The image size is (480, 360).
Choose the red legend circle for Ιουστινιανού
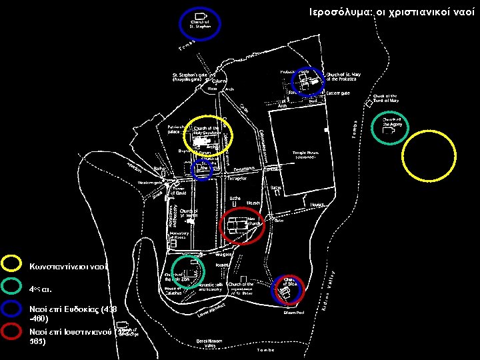click(11, 331)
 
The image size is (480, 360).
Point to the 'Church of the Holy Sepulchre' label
click(206, 130)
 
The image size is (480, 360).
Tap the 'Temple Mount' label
click(307, 154)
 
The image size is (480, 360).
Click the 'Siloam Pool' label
click(294, 312)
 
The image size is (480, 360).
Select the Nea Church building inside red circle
click(235, 225)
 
